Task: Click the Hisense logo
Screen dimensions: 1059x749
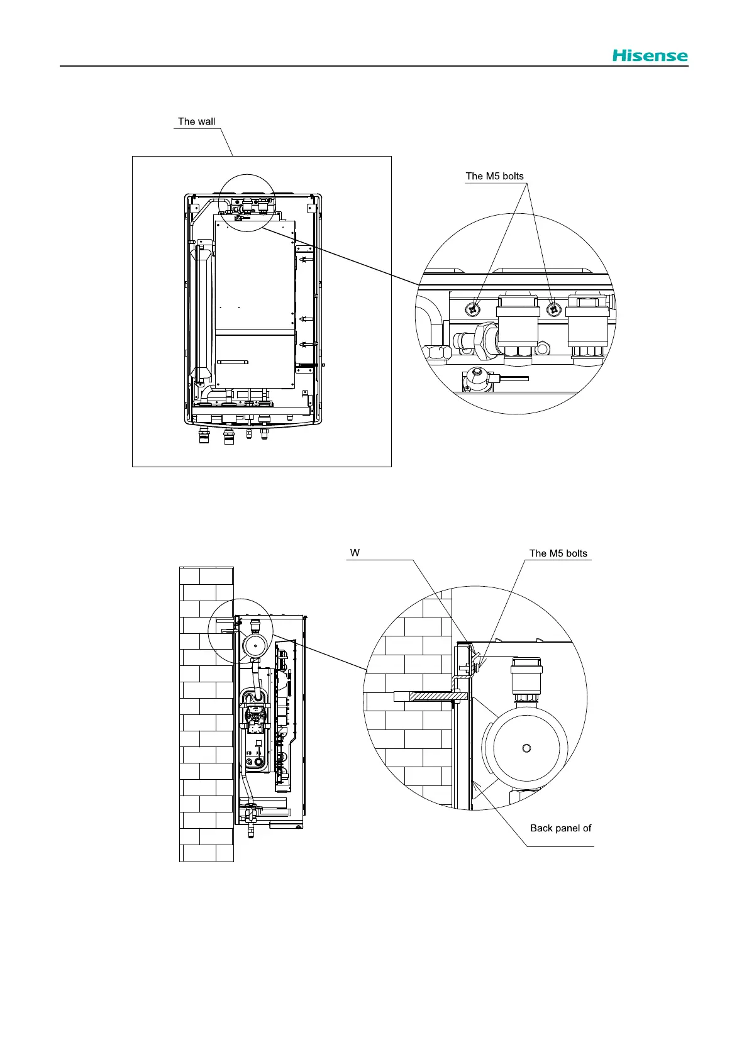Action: pyautogui.click(x=650, y=55)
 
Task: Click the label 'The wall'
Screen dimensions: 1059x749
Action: pyautogui.click(x=196, y=121)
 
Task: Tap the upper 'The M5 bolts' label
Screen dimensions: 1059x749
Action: pyautogui.click(x=494, y=176)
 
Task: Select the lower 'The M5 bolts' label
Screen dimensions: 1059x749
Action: pyautogui.click(x=558, y=553)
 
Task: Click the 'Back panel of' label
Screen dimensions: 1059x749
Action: pyautogui.click(x=560, y=828)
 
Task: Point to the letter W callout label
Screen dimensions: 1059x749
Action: pyautogui.click(x=355, y=553)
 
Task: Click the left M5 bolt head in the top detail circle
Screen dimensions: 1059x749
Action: pyautogui.click(x=473, y=309)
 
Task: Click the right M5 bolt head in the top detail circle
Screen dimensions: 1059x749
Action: pyautogui.click(x=553, y=309)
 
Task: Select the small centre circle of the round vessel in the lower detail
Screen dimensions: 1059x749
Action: pyautogui.click(x=526, y=747)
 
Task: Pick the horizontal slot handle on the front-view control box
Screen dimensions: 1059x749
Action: pyautogui.click(x=233, y=362)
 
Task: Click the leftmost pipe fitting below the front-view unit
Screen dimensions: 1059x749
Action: pyautogui.click(x=204, y=436)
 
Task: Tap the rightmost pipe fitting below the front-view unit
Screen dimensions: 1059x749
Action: pyautogui.click(x=264, y=434)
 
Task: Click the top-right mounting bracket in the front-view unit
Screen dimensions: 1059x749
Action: pyautogui.click(x=309, y=208)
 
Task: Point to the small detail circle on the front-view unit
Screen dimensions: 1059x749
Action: pyautogui.click(x=247, y=202)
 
